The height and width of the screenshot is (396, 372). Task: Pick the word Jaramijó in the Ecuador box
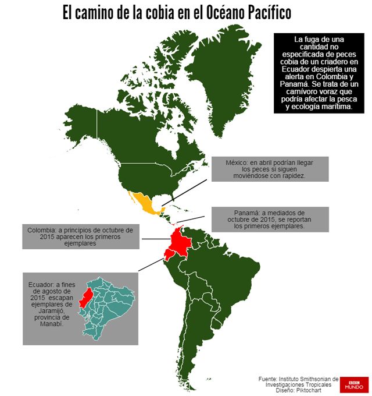click(x=45, y=311)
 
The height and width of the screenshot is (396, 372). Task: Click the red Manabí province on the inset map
click(x=86, y=298)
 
